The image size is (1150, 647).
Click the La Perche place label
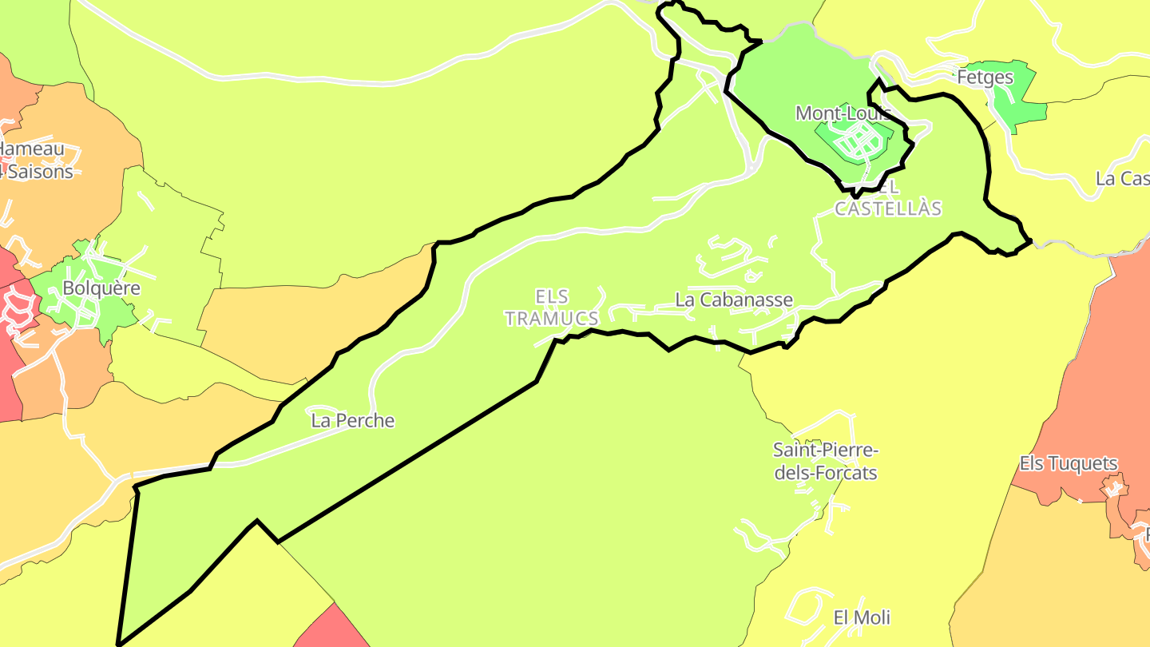coord(353,420)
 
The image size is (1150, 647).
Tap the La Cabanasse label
coord(734,300)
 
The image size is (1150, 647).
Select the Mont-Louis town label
coord(843,113)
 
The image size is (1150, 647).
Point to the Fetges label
coord(985,77)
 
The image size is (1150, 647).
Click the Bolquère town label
coord(101,288)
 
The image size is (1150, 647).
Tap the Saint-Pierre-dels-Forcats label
coord(825,462)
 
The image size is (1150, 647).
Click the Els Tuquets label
coord(1069,463)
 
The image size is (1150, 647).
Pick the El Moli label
coord(862,617)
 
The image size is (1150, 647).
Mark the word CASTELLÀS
coord(888,208)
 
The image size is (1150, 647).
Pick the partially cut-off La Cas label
coord(1122,178)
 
